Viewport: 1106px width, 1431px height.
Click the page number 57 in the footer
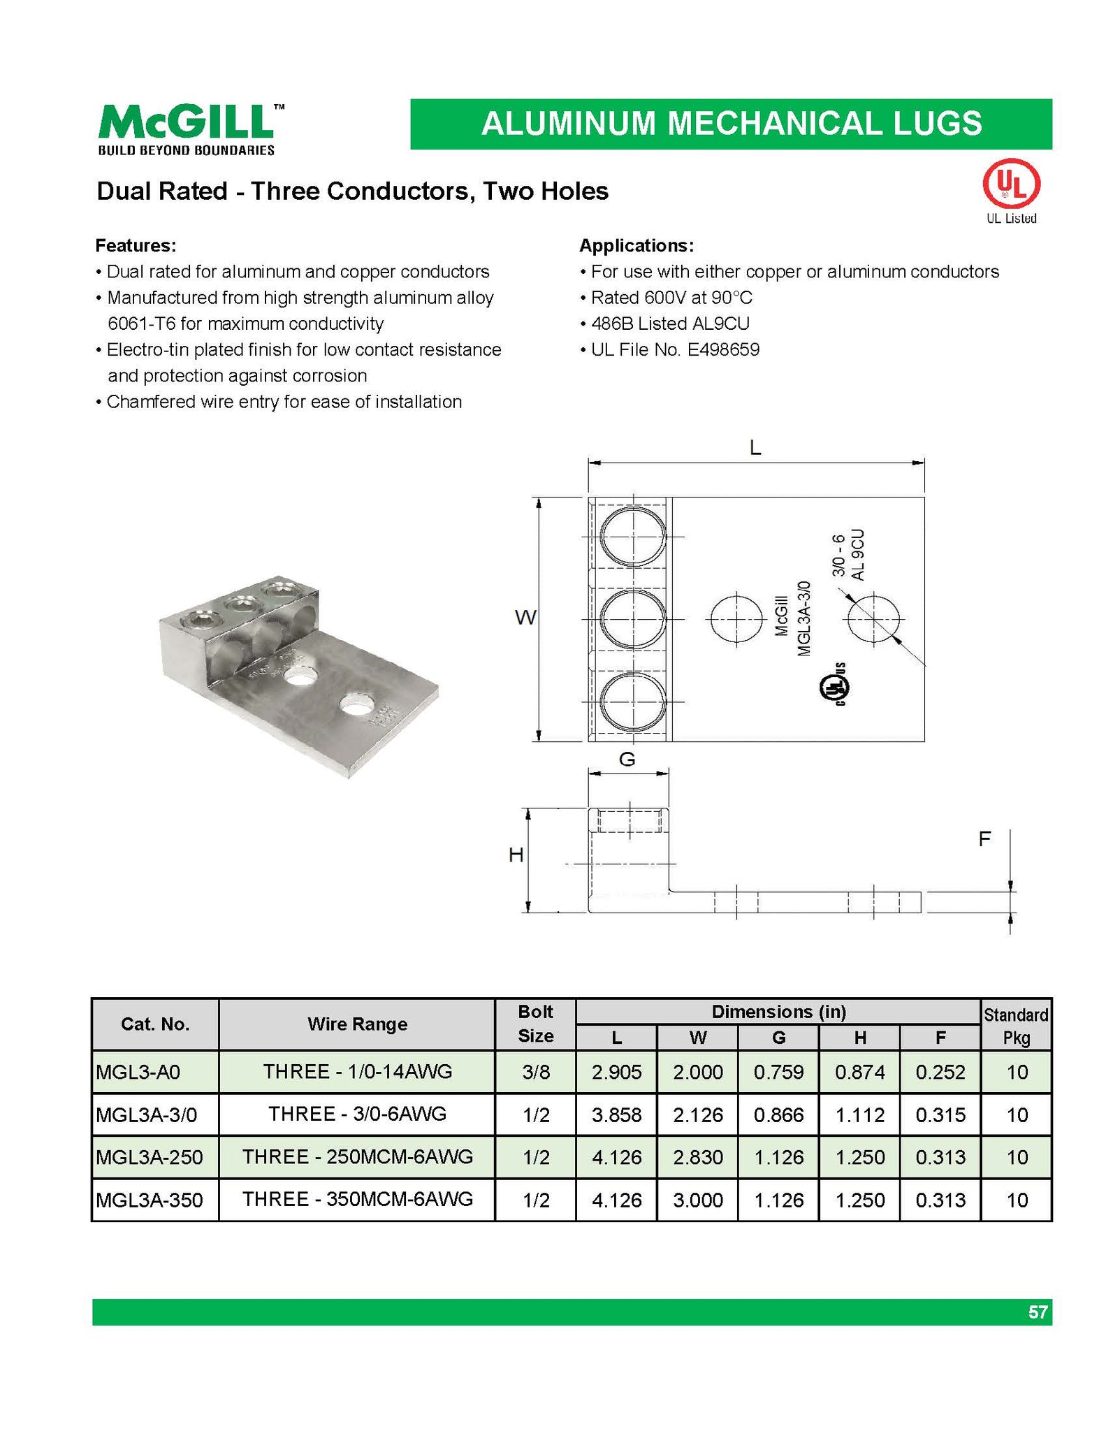(1038, 1312)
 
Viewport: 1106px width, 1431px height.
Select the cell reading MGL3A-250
(150, 1157)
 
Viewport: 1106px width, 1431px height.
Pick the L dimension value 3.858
(616, 1114)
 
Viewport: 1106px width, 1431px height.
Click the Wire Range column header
(357, 1024)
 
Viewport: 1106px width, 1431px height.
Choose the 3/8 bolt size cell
(536, 1072)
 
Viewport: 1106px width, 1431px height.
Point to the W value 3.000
(697, 1200)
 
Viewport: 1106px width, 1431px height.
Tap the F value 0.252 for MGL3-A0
(940, 1072)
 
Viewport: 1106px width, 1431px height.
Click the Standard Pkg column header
(1016, 1025)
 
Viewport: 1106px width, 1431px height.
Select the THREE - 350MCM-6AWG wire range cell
(357, 1199)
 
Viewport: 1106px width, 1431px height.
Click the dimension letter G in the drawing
(627, 760)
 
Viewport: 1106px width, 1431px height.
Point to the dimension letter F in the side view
(984, 838)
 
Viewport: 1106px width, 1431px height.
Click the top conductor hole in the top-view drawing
(633, 537)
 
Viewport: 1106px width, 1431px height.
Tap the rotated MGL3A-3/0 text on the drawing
(803, 618)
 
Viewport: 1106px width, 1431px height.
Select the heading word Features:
(136, 246)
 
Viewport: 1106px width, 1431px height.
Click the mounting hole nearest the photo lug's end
(356, 707)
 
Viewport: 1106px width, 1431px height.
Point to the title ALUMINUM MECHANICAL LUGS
(731, 124)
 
